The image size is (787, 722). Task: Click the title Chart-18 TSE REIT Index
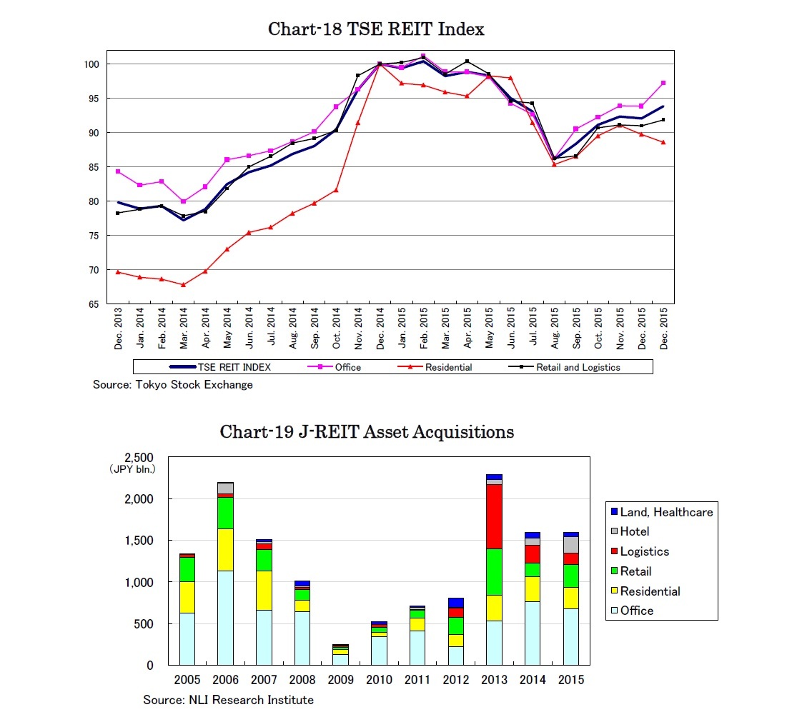(x=376, y=29)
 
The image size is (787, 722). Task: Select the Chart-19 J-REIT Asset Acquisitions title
(x=367, y=432)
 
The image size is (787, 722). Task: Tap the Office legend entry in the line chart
(x=347, y=367)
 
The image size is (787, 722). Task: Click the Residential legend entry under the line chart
(x=448, y=367)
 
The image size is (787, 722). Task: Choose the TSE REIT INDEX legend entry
(x=234, y=367)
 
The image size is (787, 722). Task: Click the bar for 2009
(x=341, y=655)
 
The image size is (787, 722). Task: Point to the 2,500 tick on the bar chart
(x=139, y=458)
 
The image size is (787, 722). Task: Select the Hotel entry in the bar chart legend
(x=635, y=531)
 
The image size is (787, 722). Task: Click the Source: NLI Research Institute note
(x=228, y=700)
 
